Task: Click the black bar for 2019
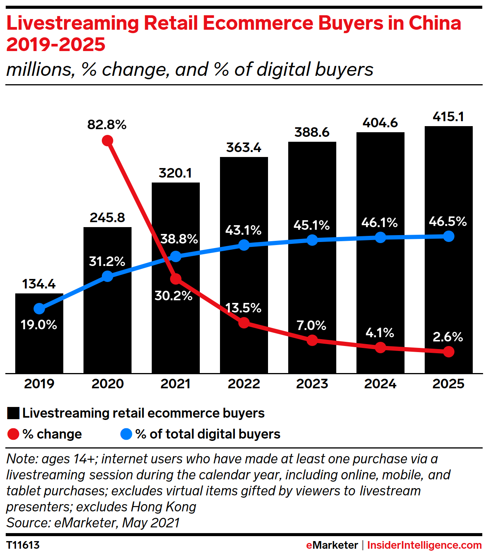39,343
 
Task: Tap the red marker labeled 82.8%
108,141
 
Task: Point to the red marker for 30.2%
175,279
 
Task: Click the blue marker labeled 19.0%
39,309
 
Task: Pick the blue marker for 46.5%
449,236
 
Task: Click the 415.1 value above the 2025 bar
448,117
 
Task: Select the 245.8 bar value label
107,218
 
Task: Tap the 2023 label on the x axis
312,384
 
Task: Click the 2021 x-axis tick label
175,384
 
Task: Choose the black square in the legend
13,413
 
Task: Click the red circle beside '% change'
13,434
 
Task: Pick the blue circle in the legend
126,434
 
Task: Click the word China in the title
435,23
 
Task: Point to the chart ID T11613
23,545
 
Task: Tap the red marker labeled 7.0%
312,340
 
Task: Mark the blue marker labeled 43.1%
244,245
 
